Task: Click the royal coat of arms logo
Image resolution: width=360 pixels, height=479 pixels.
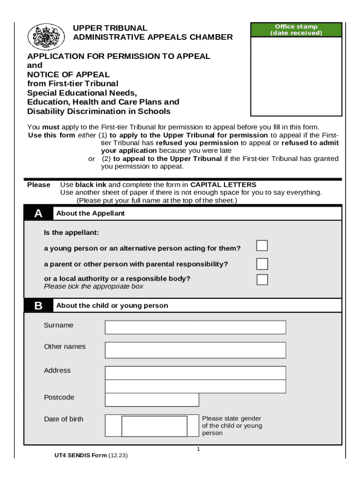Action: coord(46,36)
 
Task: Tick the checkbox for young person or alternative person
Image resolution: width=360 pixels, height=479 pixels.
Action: coord(262,246)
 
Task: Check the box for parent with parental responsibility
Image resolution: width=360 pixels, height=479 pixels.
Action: coord(262,264)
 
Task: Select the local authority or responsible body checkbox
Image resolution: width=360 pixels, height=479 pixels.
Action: coord(262,280)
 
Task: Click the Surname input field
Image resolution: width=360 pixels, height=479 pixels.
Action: coord(195,327)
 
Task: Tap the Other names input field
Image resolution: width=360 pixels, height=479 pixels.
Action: coord(195,350)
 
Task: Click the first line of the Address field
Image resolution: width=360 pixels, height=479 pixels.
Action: coord(195,373)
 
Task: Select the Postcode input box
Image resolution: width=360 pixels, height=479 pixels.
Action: coord(151,400)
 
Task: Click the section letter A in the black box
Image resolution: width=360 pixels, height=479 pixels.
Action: coord(38,214)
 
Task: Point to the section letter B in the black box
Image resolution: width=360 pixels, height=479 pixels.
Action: coord(38,306)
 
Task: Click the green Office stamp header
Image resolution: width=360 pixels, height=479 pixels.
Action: coord(296,30)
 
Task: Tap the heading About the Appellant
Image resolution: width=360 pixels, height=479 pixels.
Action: coord(90,214)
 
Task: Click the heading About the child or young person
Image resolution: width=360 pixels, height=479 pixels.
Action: coord(112,306)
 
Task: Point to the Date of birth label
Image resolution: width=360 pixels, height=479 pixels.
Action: coord(64,419)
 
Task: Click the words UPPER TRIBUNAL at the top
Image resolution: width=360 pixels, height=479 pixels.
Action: coord(110,28)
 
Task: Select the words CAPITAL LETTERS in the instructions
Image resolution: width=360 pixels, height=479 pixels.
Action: coord(223,185)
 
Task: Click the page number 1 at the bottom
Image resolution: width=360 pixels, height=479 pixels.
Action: coord(198,450)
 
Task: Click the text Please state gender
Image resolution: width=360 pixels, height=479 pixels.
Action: coord(231,418)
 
